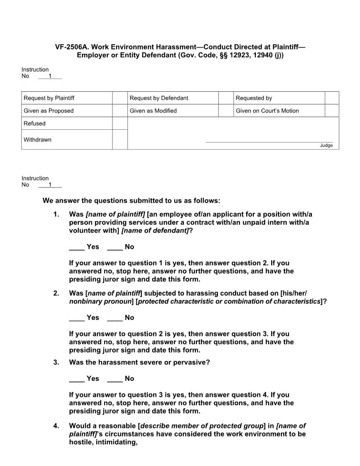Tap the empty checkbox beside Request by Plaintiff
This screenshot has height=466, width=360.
(120, 98)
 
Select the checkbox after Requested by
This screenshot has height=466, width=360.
(332, 98)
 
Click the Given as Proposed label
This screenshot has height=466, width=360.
(49, 111)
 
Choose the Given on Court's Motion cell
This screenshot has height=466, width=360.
(267, 111)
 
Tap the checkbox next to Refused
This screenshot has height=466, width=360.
(120, 124)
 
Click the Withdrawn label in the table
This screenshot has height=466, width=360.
(37, 140)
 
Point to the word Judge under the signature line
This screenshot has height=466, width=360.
(326, 146)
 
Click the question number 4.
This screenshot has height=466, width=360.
(56, 426)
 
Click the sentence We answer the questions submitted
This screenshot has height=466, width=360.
(131, 201)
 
